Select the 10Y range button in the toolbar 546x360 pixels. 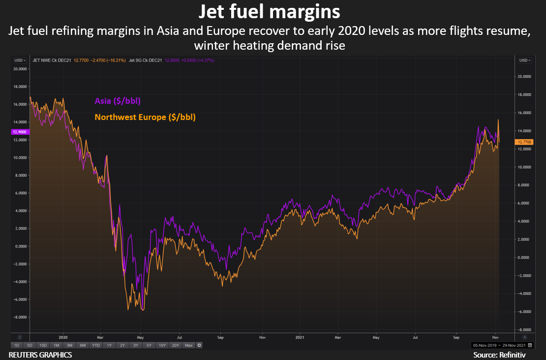[x=162, y=345]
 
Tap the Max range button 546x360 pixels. [x=188, y=345]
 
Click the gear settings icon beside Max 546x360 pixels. [x=199, y=345]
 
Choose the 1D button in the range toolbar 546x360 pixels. [x=17, y=345]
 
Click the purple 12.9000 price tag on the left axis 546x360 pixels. [x=19, y=132]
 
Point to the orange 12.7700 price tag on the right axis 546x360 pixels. [x=523, y=142]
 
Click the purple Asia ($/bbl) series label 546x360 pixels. [x=118, y=101]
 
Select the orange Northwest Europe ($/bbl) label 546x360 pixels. [x=145, y=117]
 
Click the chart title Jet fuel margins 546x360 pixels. [x=273, y=11]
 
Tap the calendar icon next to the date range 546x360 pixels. [x=529, y=345]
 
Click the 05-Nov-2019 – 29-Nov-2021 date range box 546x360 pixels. [x=498, y=345]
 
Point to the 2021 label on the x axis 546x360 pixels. [x=301, y=337]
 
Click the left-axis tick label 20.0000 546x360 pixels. [x=20, y=69]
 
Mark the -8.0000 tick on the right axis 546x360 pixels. [x=524, y=330]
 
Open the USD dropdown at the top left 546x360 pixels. [x=20, y=60]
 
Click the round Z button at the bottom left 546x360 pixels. [x=20, y=337]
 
